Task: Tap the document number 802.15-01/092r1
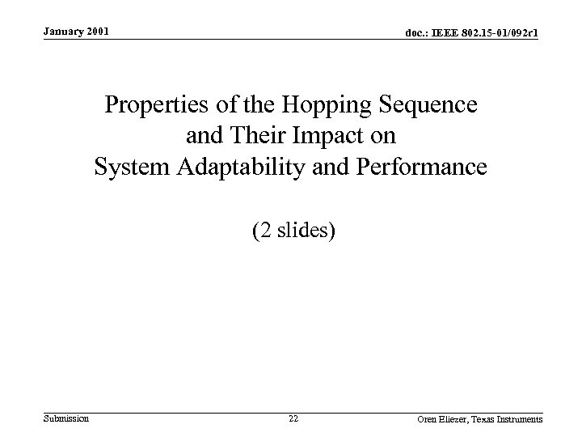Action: click(500, 32)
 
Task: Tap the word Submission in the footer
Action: click(65, 418)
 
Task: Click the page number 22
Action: click(293, 418)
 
